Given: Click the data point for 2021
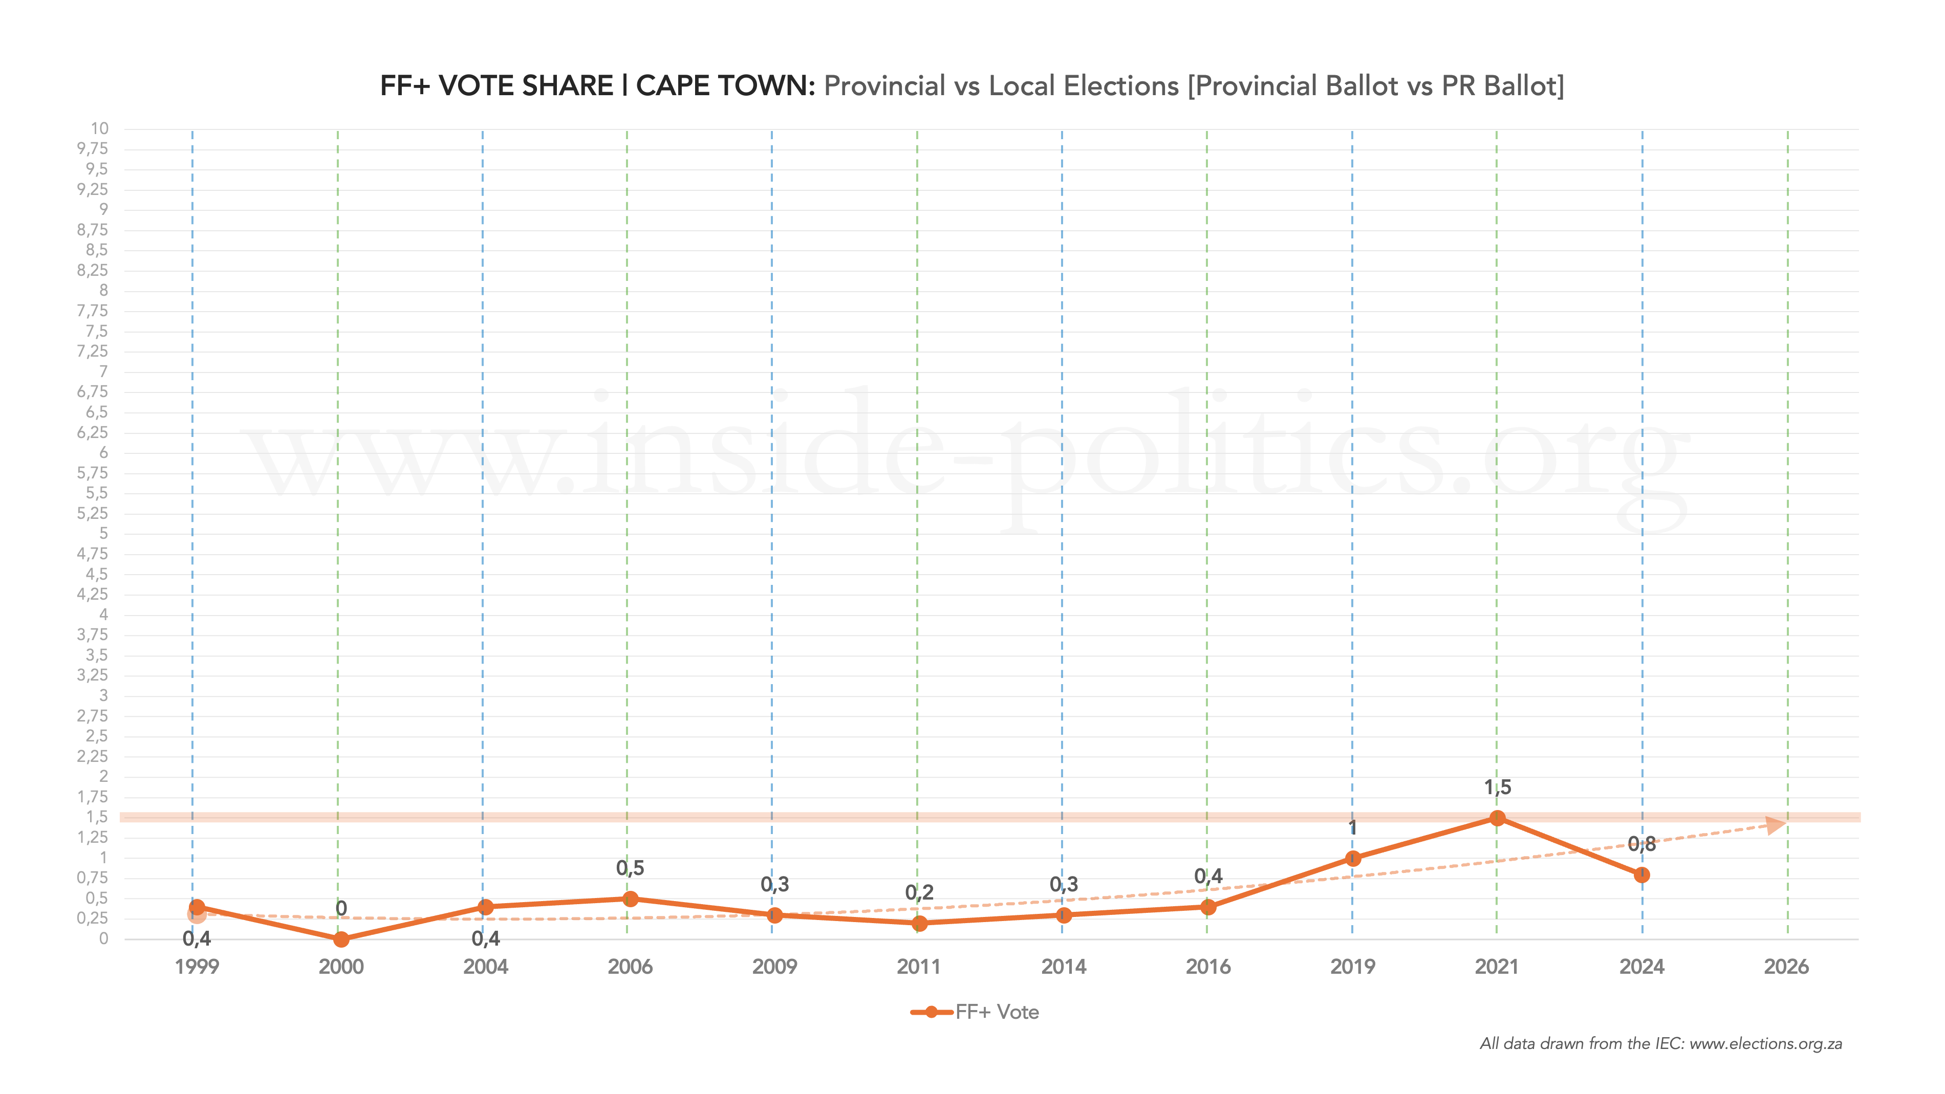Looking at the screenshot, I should [1497, 818].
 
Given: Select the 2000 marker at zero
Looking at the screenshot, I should [341, 939].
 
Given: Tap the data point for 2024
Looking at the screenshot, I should [1641, 875].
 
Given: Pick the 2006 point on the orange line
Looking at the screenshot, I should [631, 899].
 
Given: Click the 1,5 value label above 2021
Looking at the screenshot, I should [1497, 787].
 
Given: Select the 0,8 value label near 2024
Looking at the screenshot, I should [1641, 844].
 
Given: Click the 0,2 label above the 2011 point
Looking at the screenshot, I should [919, 892].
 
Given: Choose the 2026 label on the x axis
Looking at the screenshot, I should [1786, 967].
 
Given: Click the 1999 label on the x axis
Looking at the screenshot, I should [197, 967].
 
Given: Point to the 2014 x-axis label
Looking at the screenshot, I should [1063, 967].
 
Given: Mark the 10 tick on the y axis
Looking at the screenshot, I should [100, 128].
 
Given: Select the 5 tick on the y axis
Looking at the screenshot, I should [103, 533].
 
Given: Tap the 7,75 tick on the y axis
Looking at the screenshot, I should [92, 310].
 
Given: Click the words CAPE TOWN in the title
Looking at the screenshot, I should [725, 86].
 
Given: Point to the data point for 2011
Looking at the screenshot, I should [919, 923].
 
